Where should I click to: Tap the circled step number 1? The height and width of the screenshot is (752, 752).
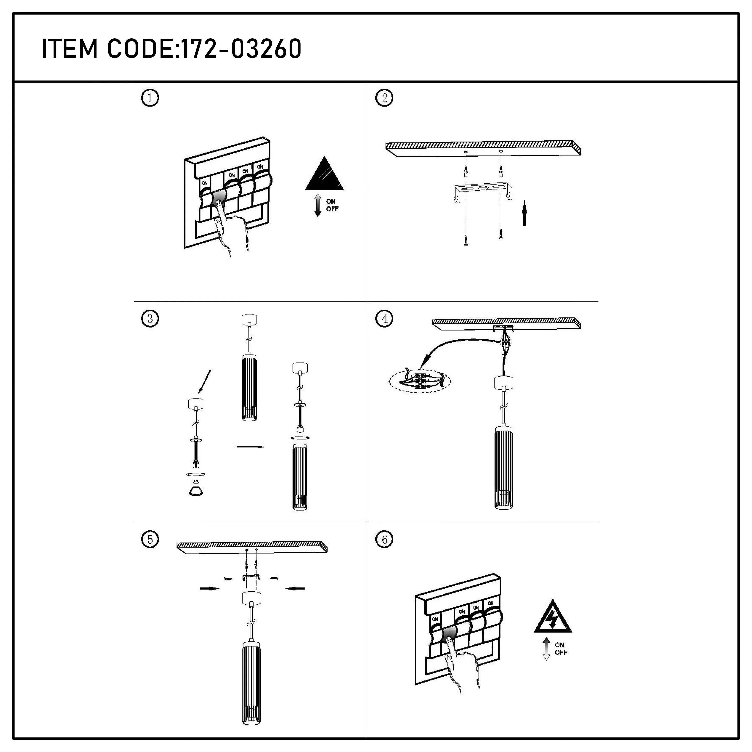(150, 98)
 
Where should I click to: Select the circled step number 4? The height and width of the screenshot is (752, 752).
(384, 319)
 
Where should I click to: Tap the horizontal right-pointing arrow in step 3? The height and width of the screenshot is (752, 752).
(250, 447)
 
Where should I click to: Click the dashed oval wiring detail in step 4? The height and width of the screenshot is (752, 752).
(420, 381)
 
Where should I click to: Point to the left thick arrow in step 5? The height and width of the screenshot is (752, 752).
(209, 589)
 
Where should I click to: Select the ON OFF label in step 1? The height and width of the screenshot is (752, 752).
(332, 205)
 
